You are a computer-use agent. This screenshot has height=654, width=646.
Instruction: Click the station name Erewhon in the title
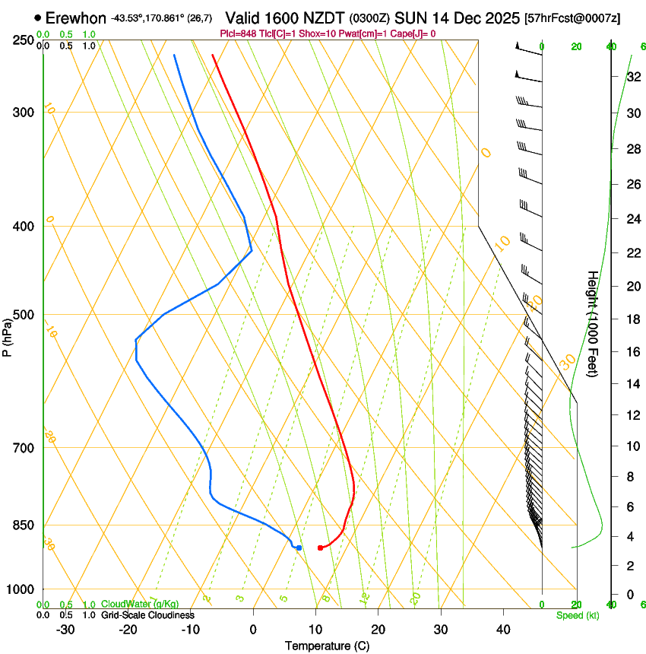76,17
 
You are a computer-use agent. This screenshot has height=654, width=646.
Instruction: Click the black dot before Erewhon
37,17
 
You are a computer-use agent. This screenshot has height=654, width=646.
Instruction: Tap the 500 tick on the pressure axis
23,315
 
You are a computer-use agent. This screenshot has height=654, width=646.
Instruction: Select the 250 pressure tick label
23,40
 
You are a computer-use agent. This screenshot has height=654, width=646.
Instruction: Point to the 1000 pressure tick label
21,589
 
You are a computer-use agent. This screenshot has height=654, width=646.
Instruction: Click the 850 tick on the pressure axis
23,525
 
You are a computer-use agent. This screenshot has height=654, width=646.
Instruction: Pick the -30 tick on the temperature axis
65,630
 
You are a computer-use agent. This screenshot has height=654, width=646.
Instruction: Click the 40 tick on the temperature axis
502,630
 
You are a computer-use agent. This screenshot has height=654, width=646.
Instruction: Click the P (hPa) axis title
8,335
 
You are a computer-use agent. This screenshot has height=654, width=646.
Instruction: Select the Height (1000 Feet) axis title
593,324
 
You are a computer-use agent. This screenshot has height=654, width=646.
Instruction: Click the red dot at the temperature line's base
320,548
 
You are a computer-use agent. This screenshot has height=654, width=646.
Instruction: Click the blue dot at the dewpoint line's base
299,548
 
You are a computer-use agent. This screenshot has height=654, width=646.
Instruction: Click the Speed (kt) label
577,615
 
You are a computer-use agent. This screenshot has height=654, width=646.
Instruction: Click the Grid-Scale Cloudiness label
147,615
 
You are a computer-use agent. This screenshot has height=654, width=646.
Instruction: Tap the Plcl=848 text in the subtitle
238,33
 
